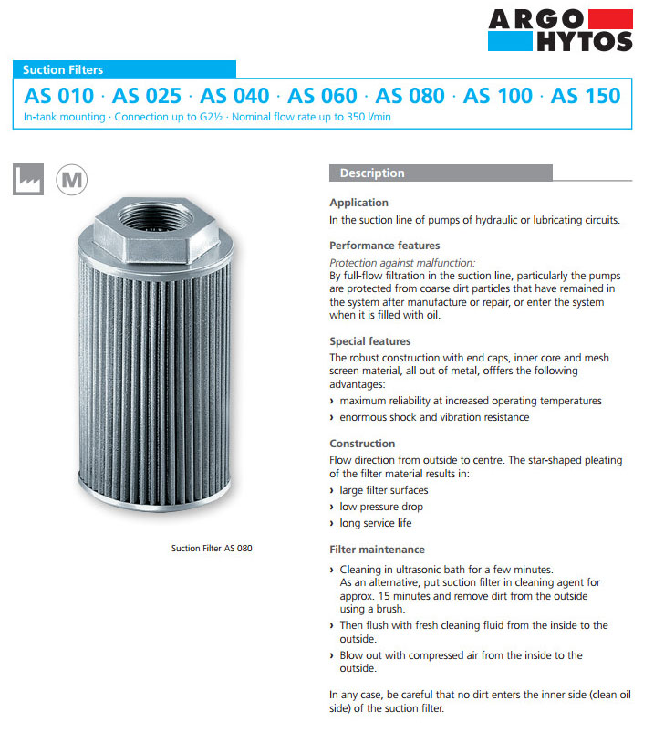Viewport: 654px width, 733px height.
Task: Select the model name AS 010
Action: point(58,96)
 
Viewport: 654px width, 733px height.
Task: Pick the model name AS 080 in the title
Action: point(410,96)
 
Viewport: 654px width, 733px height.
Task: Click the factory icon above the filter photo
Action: point(27,179)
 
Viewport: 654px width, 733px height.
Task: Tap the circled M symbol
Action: point(70,179)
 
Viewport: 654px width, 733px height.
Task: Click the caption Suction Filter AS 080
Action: point(212,549)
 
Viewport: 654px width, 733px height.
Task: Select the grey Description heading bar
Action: point(441,173)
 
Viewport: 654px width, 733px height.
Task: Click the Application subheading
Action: point(358,203)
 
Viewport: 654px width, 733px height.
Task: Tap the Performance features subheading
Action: point(384,246)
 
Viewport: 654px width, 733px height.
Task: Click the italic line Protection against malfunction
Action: point(402,262)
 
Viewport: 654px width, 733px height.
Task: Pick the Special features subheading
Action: point(369,341)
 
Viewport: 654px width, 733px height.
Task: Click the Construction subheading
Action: point(362,444)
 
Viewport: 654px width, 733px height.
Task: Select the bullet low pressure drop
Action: point(381,507)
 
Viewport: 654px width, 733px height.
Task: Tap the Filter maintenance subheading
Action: point(377,550)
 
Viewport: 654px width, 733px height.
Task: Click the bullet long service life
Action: point(376,523)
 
